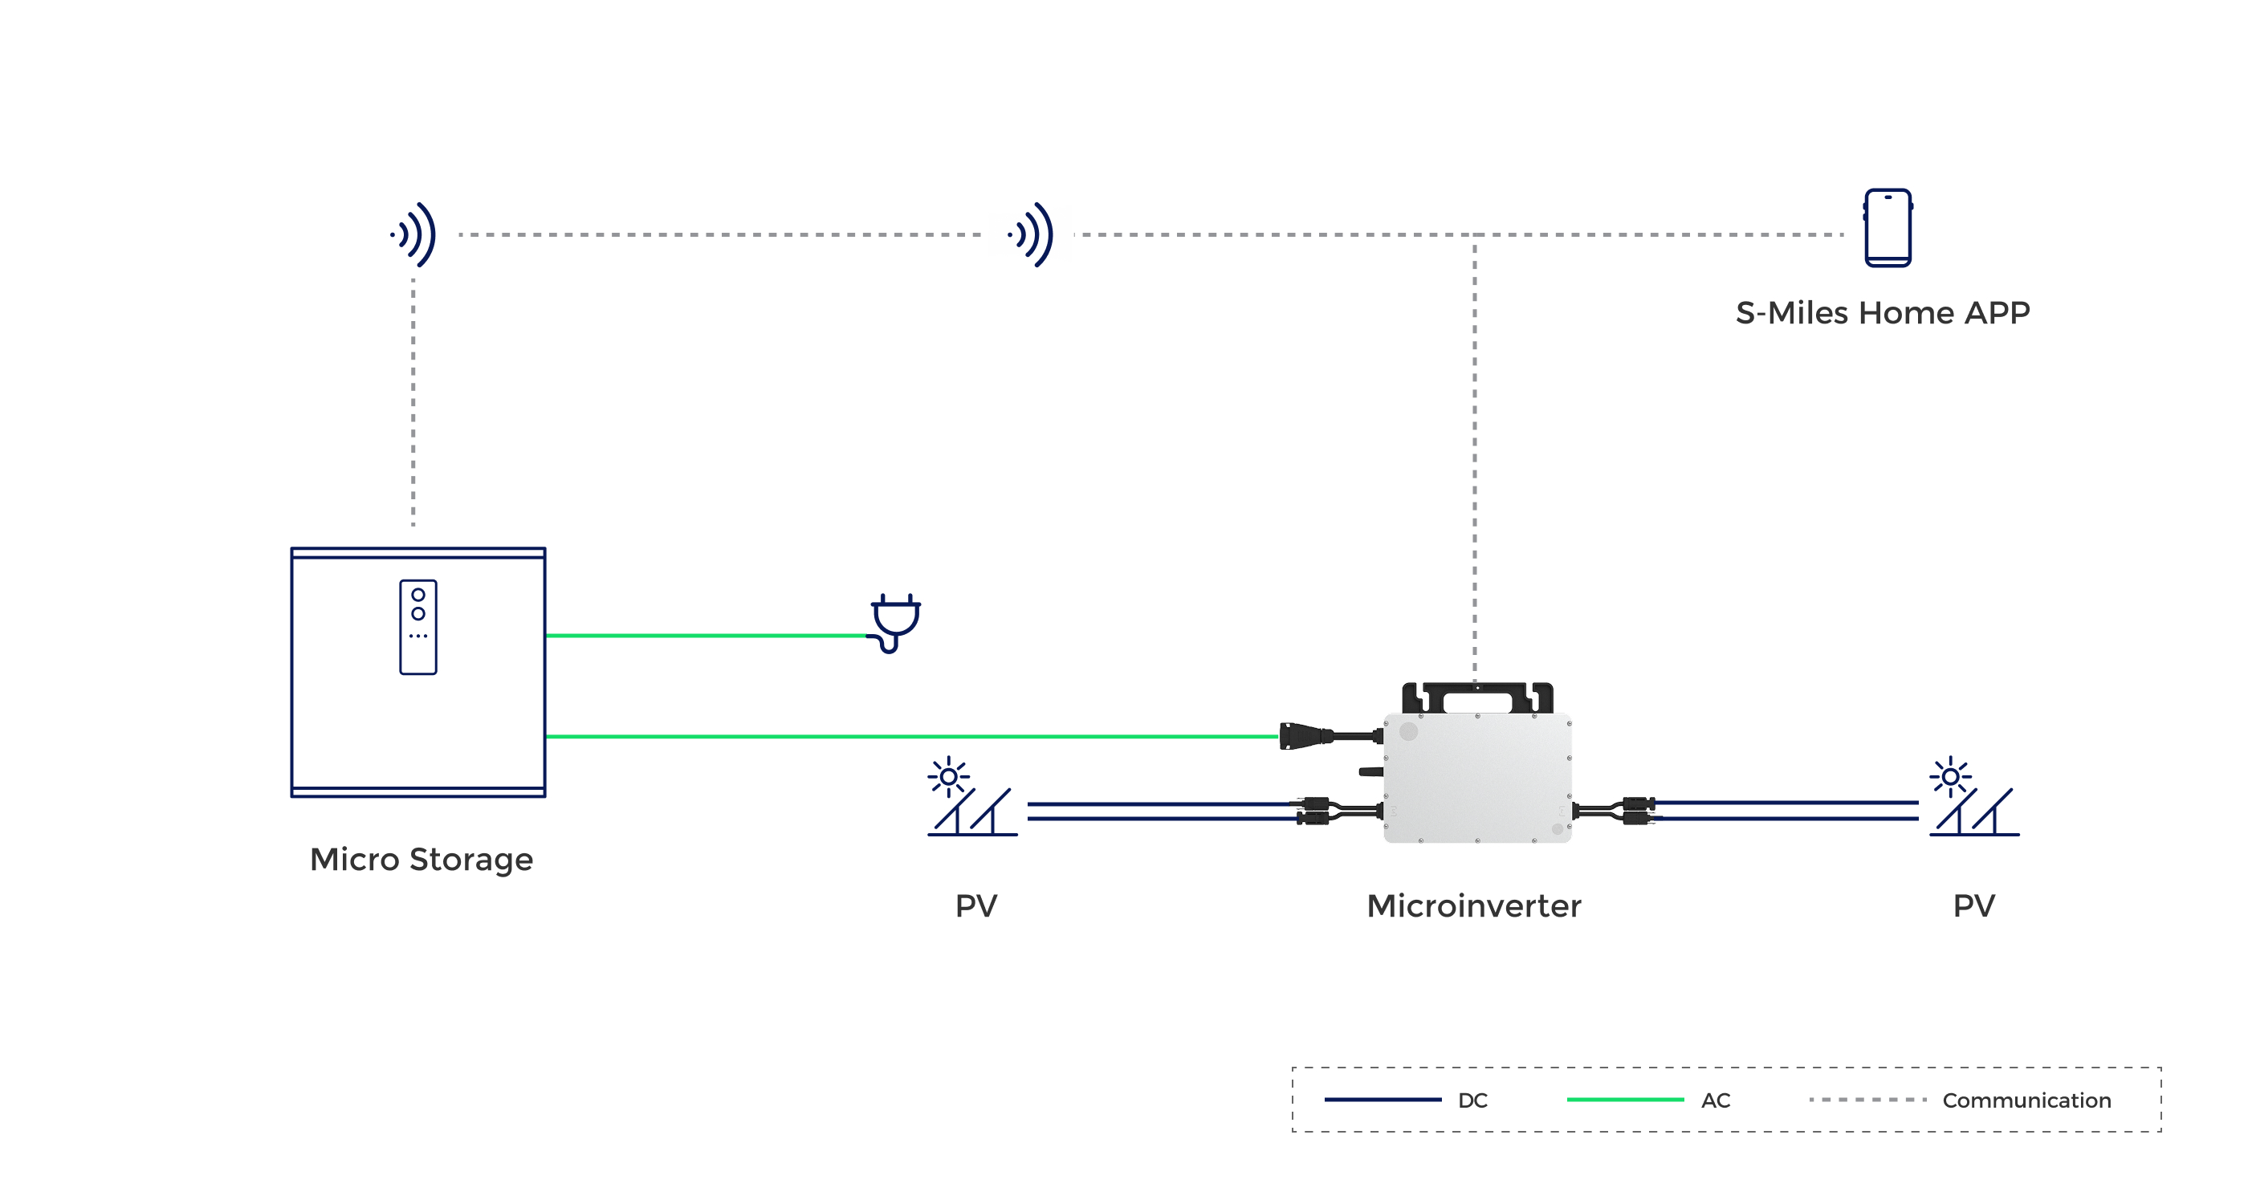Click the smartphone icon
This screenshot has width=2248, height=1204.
1888,228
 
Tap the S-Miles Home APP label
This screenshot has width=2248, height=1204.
1883,312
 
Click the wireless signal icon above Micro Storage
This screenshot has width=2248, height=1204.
413,234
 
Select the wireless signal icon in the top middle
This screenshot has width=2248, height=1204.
1031,234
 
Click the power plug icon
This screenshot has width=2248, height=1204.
895,621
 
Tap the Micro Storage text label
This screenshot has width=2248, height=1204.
421,860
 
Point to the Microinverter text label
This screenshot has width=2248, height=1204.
1474,905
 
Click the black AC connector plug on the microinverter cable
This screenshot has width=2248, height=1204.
1305,736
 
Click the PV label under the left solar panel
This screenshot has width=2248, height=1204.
975,905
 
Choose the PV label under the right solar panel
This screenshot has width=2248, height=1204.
1974,905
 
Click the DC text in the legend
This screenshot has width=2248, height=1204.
1472,1100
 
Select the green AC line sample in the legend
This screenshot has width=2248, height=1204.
1625,1100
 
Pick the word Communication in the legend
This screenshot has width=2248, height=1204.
2026,1100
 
